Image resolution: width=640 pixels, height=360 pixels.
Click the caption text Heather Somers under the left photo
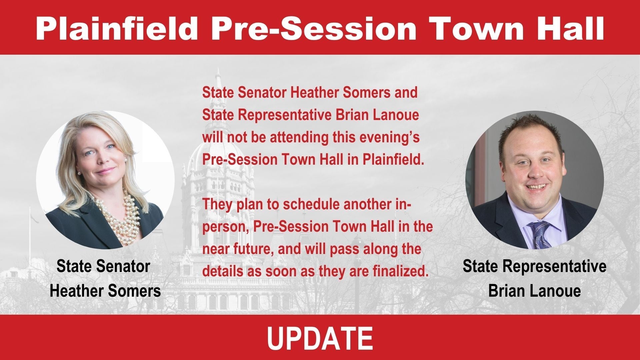point(105,291)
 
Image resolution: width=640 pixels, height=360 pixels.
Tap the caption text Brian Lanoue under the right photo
point(534,291)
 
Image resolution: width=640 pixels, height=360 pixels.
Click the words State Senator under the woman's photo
point(103,266)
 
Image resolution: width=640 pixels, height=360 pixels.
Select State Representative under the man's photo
point(534,266)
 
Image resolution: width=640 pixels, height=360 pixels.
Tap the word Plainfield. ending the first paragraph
point(393,160)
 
